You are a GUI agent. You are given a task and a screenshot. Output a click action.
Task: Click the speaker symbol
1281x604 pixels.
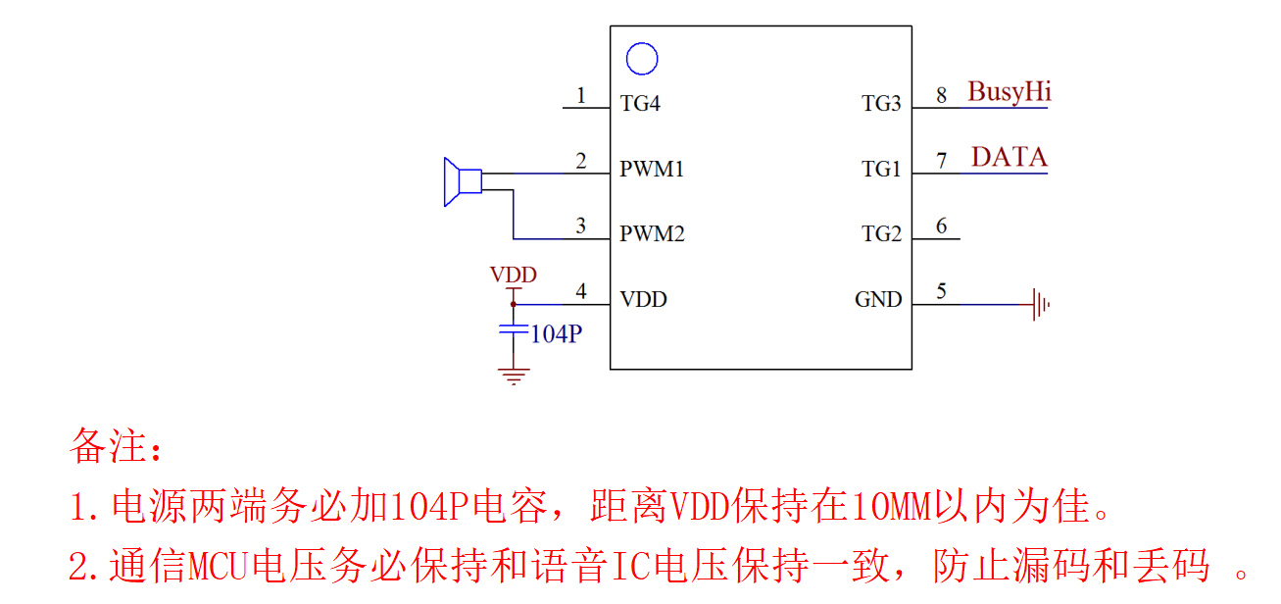coord(461,181)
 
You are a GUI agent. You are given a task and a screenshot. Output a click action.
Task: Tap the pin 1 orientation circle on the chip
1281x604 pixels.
coord(642,59)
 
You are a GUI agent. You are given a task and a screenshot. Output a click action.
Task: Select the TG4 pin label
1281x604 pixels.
coord(640,104)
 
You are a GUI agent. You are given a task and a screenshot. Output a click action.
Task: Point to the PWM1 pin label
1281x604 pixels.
coord(652,169)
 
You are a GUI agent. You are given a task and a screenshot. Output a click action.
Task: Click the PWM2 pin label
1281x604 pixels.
coord(652,234)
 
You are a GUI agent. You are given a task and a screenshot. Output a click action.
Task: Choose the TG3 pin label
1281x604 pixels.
coord(881,104)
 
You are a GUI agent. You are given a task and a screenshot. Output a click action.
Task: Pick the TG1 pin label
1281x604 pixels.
coord(881,170)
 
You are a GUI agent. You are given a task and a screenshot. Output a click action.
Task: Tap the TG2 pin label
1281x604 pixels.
coord(881,234)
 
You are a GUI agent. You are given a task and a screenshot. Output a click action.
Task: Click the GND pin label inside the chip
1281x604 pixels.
coord(878,300)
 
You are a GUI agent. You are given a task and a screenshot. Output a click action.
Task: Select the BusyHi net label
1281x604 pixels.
coord(1010,92)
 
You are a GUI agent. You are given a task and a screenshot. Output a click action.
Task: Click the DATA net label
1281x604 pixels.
coord(1010,157)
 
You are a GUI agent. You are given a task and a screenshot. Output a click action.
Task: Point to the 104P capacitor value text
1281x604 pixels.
coord(557,334)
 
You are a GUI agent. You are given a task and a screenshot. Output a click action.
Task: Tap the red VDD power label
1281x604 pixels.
coord(514,275)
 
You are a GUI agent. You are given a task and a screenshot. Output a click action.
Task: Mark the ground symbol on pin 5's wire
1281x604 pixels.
coord(1040,304)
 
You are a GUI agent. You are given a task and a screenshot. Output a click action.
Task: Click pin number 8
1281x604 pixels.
coord(942,95)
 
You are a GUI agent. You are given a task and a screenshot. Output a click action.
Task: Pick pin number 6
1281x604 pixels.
coord(942,226)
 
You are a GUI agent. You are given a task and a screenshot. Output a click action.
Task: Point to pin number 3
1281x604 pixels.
coord(581,226)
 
